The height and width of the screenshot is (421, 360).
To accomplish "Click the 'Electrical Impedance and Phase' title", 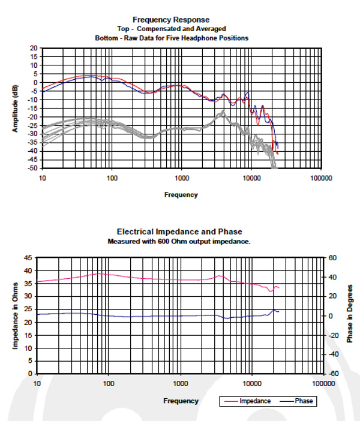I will pyautogui.click(x=180, y=231).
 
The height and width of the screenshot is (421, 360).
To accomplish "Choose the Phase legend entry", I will pyautogui.click(x=304, y=401).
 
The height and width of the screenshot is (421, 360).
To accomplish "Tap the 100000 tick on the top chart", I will pyautogui.click(x=321, y=179).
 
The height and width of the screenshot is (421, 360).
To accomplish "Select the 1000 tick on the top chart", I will pyautogui.click(x=182, y=179).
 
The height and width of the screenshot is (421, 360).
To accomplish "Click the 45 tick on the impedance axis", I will pyautogui.click(x=28, y=258).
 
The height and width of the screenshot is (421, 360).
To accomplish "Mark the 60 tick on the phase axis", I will pyautogui.click(x=333, y=258).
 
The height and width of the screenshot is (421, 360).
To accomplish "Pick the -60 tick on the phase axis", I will pyautogui.click(x=333, y=373).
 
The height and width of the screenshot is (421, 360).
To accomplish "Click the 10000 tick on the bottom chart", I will pyautogui.click(x=252, y=383).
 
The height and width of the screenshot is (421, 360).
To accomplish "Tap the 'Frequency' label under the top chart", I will pyautogui.click(x=181, y=194).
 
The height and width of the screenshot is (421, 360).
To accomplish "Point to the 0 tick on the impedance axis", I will pyautogui.click(x=30, y=373).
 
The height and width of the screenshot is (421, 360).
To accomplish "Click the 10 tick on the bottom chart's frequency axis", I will pyautogui.click(x=37, y=383).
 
